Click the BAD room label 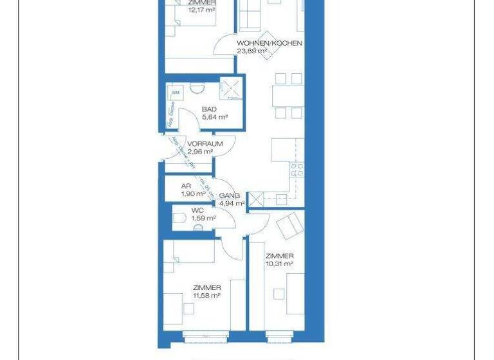(209, 109)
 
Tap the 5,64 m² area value (214, 118)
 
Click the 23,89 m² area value (252, 51)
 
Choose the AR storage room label (187, 186)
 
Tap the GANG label (230, 195)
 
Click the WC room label (198, 210)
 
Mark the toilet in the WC (179, 219)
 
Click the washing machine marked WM (175, 92)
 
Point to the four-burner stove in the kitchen (297, 170)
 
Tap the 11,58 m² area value (206, 295)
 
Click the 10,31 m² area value (280, 264)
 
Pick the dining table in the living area (287, 96)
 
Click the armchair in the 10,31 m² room (289, 225)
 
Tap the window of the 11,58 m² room (205, 334)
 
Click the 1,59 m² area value (203, 218)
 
